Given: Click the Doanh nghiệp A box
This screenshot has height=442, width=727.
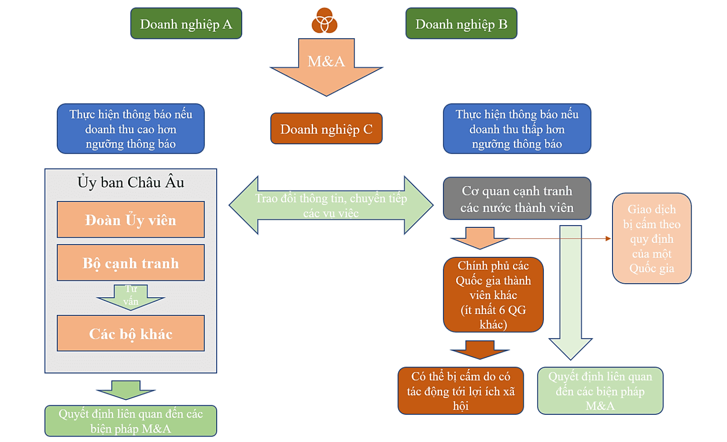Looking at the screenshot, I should [x=186, y=24].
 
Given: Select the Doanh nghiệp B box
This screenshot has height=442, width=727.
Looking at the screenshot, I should [x=461, y=24].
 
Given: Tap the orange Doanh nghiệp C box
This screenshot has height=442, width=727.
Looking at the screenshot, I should [x=326, y=129].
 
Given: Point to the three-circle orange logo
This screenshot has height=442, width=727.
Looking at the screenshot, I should [x=324, y=21].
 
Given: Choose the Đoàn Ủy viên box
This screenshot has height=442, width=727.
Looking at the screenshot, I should [x=130, y=220].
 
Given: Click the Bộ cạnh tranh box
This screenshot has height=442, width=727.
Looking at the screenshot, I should [x=130, y=263].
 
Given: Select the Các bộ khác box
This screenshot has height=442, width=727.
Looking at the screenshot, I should [x=130, y=334].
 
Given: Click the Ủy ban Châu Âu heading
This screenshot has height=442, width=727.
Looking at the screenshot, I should [x=130, y=182].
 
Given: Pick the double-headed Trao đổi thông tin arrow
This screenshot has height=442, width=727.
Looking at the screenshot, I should [x=331, y=205].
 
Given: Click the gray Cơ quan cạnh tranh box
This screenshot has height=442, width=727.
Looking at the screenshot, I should [x=517, y=199].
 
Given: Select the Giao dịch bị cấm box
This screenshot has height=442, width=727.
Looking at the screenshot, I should [x=651, y=239].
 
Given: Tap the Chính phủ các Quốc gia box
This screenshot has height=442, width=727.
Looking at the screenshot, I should [x=493, y=295].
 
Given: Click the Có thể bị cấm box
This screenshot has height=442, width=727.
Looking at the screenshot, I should [x=460, y=391].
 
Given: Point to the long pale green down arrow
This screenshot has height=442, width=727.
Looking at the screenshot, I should [x=570, y=290].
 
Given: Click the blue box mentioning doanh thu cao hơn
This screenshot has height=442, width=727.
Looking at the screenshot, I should [x=130, y=129].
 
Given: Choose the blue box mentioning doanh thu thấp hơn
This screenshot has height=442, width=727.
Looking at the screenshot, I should [x=517, y=129].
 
